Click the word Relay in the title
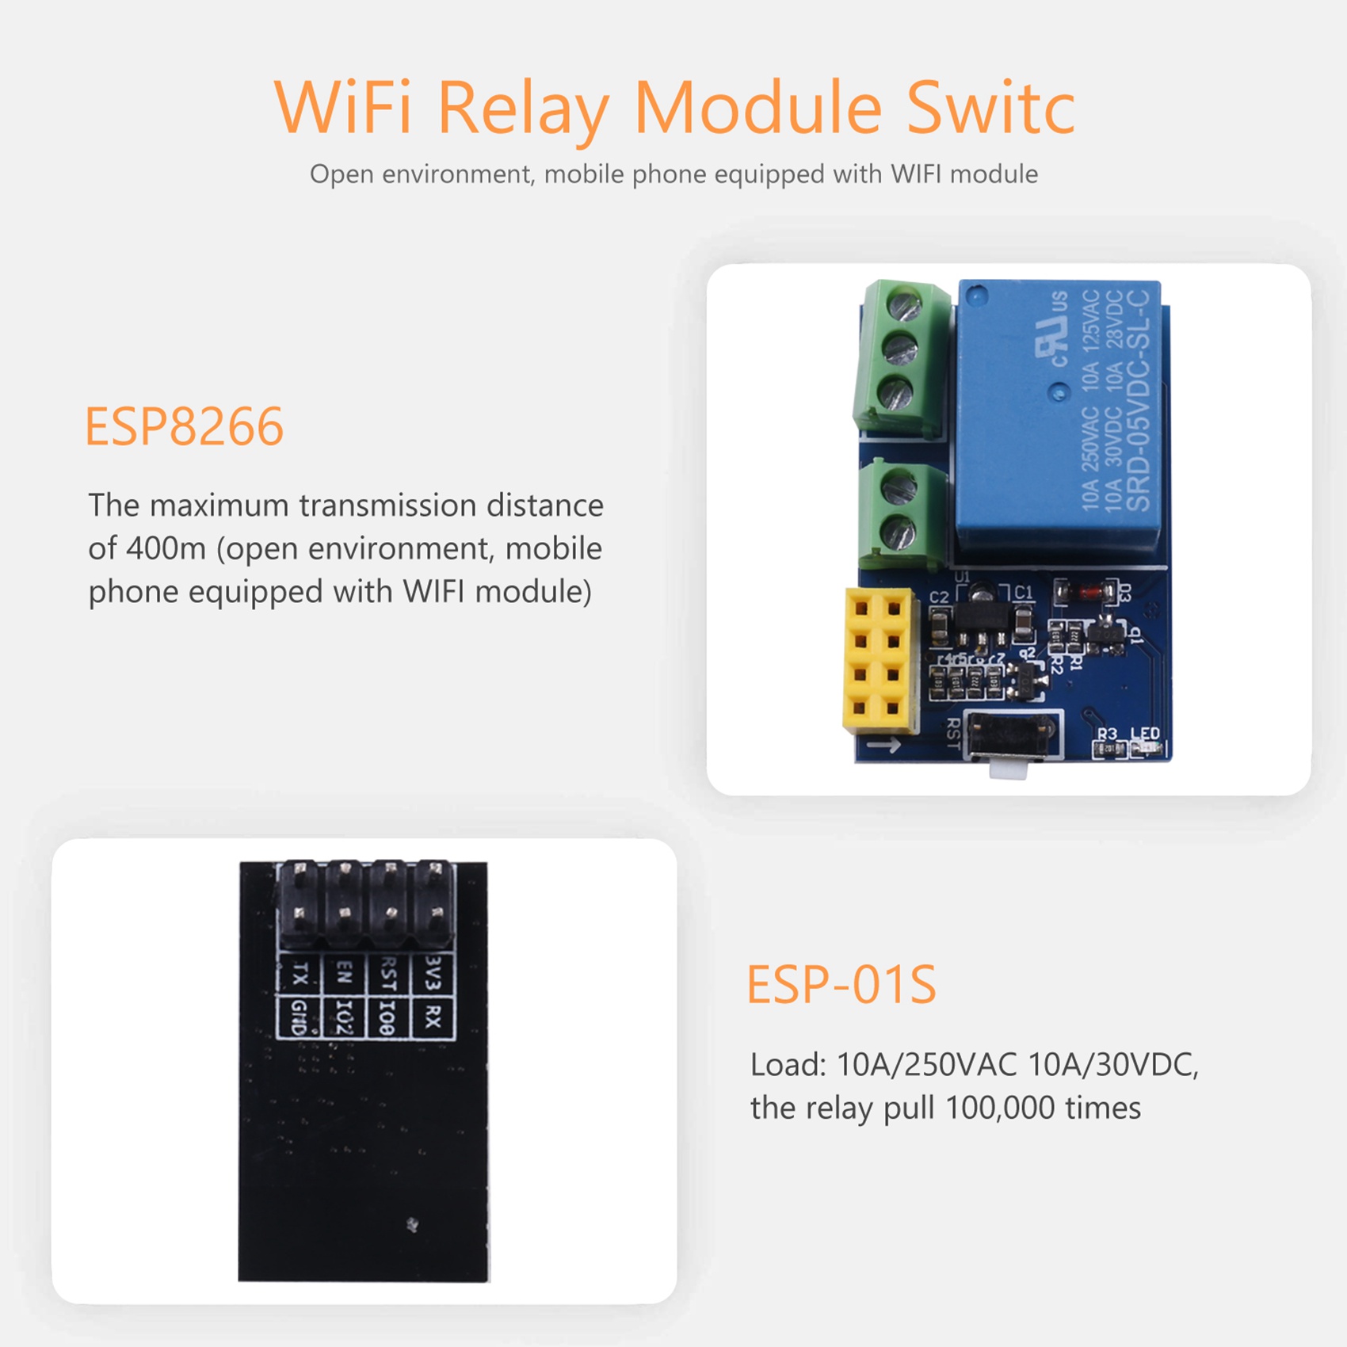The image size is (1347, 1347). click(x=522, y=109)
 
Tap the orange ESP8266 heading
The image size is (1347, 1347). click(x=184, y=427)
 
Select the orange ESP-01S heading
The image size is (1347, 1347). click(x=841, y=985)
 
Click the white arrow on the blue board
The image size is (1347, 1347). click(x=883, y=745)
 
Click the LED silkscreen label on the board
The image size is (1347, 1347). click(x=1145, y=734)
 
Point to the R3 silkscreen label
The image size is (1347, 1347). click(x=1107, y=734)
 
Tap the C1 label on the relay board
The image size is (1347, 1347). click(x=1024, y=592)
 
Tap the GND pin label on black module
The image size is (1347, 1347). click(x=299, y=1017)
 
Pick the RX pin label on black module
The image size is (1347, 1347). click(x=432, y=1017)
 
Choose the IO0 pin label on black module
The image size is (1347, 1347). click(x=387, y=1017)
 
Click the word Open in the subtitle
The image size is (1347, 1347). click(x=342, y=174)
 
